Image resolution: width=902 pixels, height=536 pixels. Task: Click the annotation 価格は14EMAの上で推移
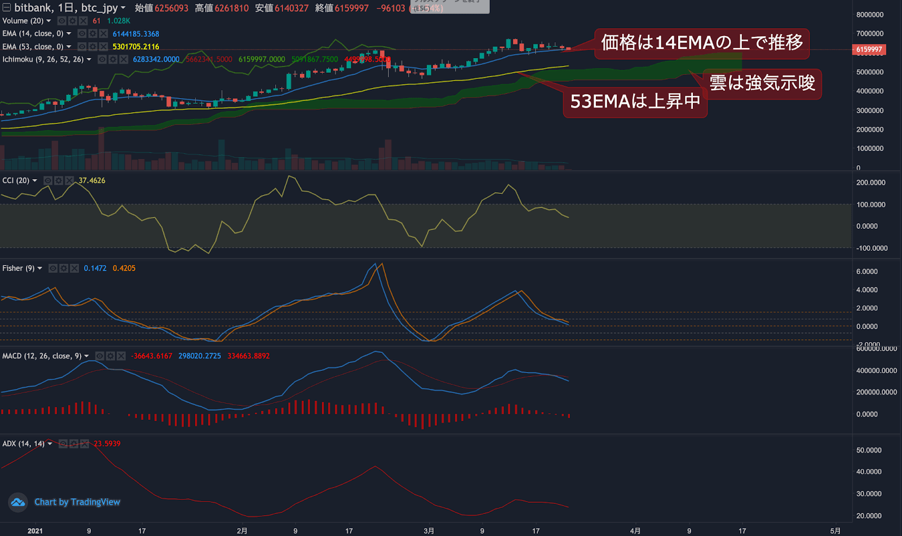tap(701, 43)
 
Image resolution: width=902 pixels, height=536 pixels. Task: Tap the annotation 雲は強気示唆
tap(762, 83)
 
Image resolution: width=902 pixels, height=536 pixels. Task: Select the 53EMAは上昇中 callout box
tap(635, 101)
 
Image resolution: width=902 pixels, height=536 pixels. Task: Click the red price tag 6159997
tap(869, 50)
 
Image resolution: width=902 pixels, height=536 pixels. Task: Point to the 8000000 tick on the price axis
tap(869, 15)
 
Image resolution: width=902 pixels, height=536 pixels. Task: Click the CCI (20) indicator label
tap(16, 180)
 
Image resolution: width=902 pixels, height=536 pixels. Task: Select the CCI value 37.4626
tap(92, 180)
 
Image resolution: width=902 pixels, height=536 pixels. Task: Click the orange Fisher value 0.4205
tap(124, 268)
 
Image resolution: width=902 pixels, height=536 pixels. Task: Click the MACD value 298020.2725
tap(200, 356)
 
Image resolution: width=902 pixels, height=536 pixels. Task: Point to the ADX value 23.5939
tap(107, 444)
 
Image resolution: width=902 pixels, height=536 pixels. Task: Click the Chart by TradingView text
tap(77, 502)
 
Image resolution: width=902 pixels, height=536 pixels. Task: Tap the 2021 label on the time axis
tap(35, 531)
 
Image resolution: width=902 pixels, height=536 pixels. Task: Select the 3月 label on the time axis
tap(429, 531)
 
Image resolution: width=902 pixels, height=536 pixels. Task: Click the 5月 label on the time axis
tap(835, 531)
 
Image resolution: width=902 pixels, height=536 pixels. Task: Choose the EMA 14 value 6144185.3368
tap(136, 34)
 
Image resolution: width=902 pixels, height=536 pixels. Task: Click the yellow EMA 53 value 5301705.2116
tap(136, 47)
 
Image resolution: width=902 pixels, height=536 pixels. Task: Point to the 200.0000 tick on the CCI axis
tap(870, 183)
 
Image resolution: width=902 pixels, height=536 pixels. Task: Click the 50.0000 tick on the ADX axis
tap(869, 450)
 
